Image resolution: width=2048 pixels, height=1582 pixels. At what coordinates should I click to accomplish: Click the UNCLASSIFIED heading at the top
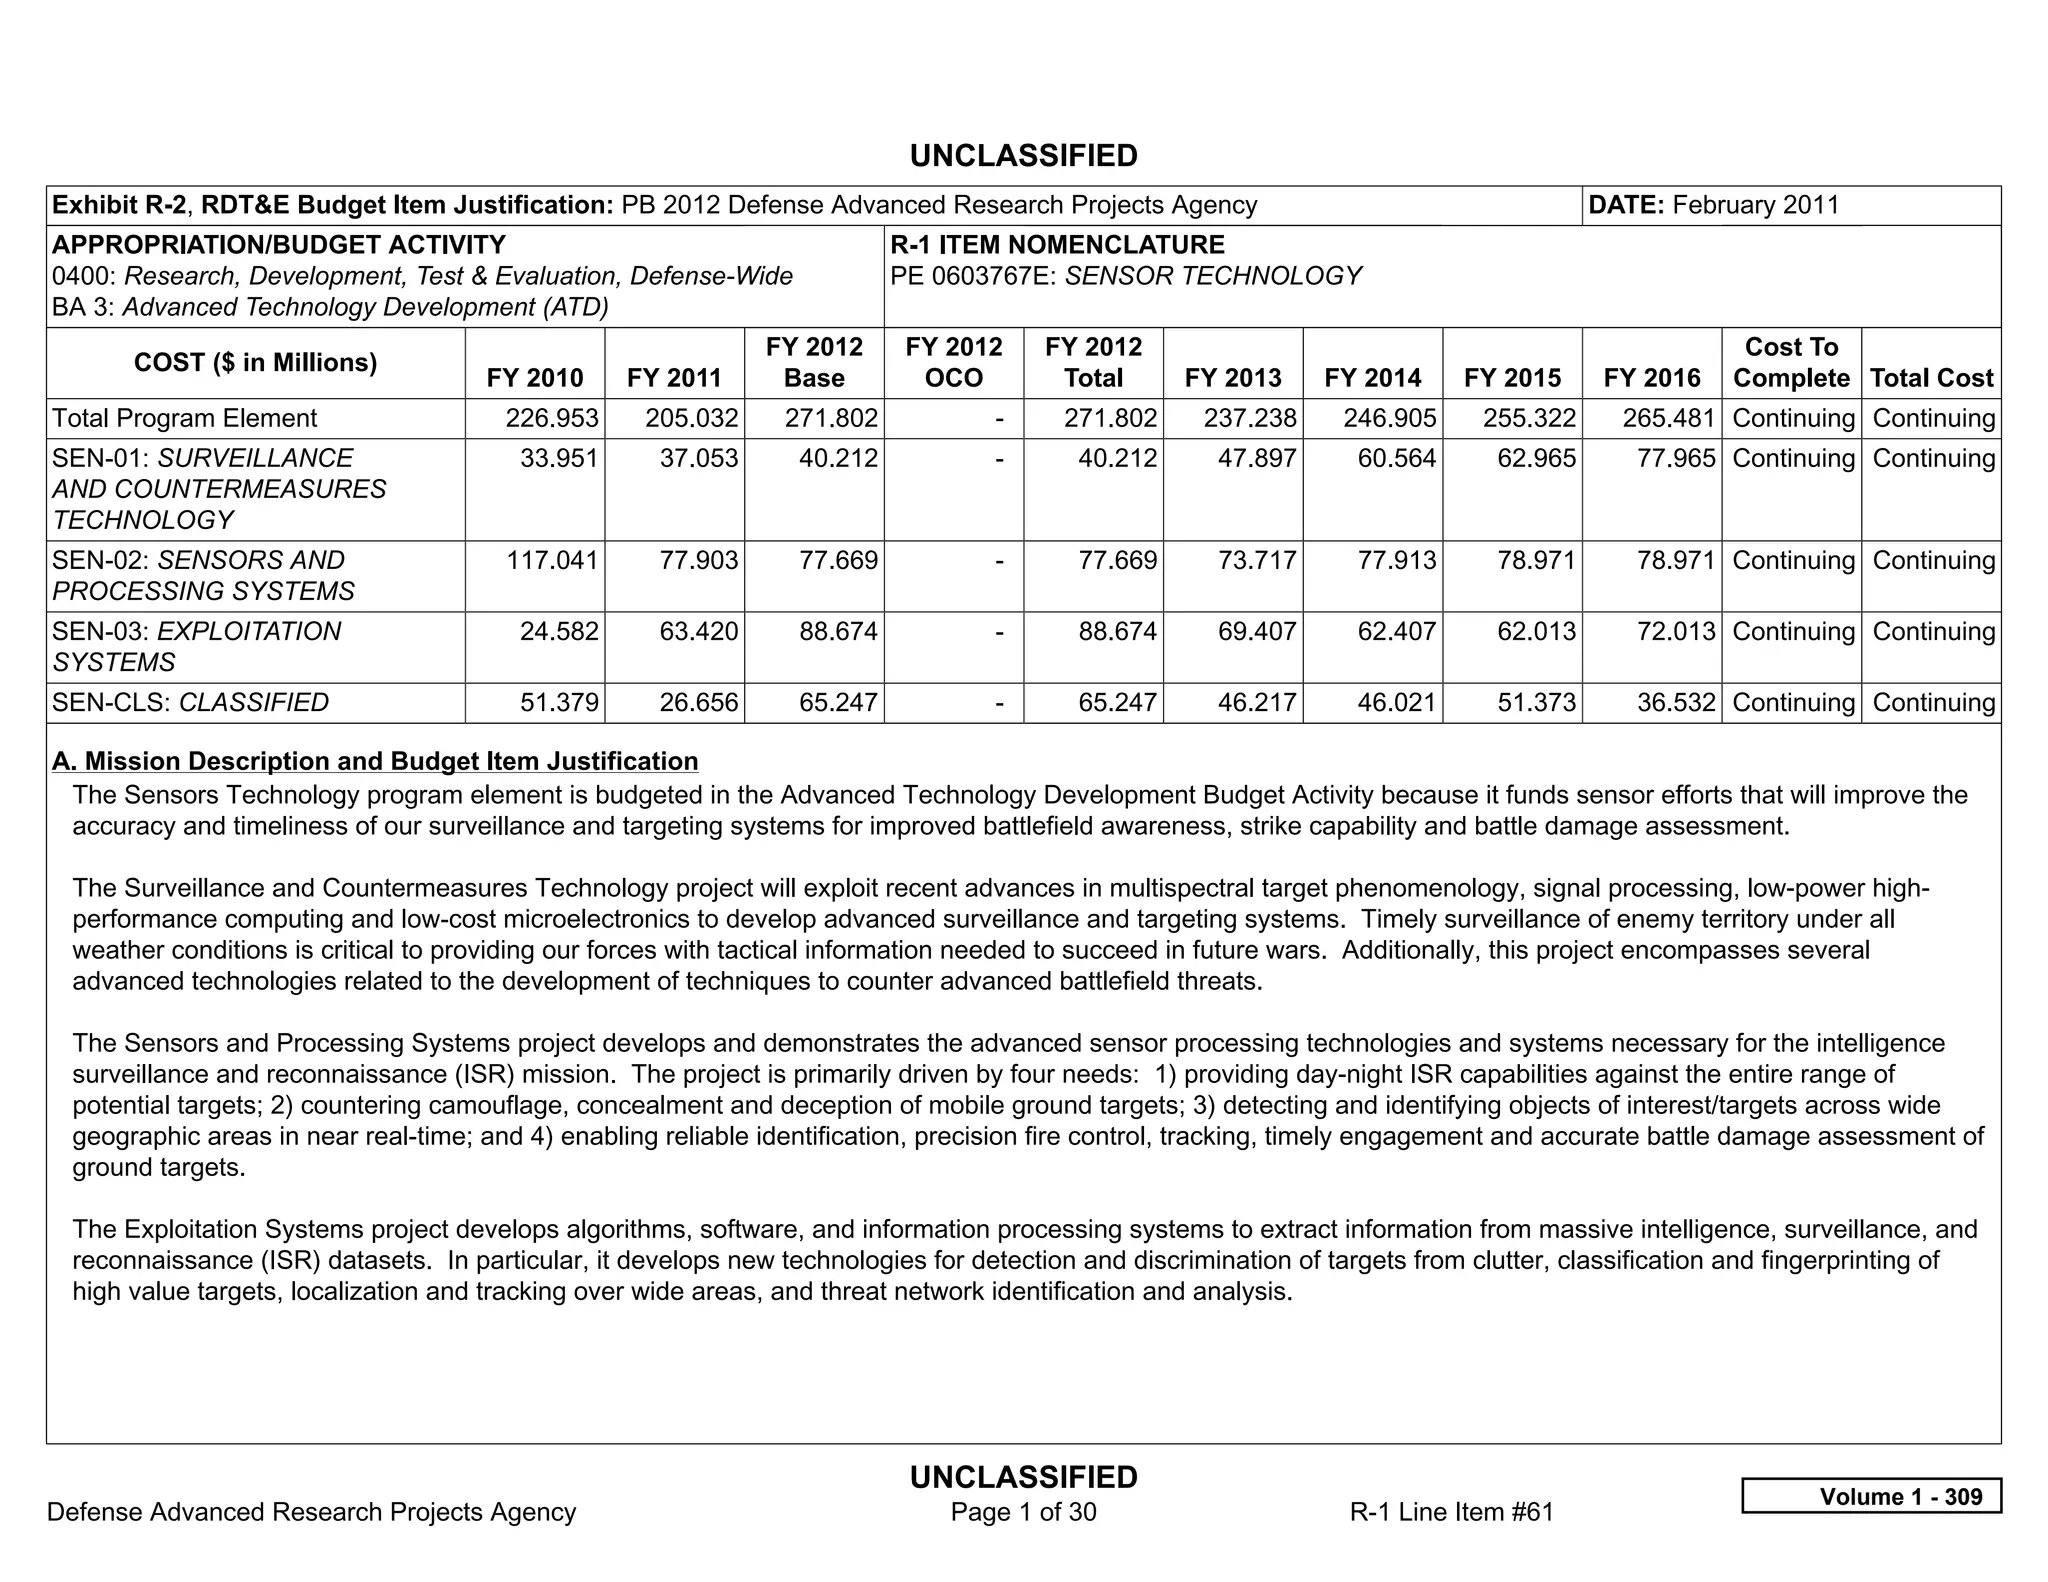point(1023,156)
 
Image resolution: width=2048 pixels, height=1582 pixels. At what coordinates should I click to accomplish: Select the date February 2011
point(1755,205)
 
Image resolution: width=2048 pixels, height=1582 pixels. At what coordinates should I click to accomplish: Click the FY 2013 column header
point(1232,378)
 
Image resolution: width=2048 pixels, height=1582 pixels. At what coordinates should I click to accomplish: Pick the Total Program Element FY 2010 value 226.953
point(551,418)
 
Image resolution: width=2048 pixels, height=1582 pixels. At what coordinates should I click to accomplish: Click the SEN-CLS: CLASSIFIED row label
point(190,702)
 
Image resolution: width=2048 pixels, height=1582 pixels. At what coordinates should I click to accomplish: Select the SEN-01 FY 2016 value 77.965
point(1669,458)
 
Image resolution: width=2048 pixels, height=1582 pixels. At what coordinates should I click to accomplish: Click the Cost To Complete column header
point(1791,362)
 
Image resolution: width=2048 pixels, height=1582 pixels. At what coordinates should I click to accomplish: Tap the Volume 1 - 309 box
point(1871,1496)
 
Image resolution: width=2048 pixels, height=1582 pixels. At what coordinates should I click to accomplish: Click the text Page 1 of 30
point(1023,1511)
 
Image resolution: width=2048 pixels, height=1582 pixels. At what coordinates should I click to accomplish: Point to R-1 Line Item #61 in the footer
point(1451,1511)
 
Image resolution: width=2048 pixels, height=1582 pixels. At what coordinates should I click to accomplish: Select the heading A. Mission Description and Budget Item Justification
point(375,761)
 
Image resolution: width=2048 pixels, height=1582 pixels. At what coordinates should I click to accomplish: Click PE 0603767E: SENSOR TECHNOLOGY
point(1125,276)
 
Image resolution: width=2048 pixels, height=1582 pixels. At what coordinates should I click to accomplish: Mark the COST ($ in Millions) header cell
point(255,362)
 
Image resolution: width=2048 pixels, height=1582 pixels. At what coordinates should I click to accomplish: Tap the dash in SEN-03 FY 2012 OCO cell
point(999,632)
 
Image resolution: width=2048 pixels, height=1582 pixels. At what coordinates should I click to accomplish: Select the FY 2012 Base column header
point(814,362)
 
